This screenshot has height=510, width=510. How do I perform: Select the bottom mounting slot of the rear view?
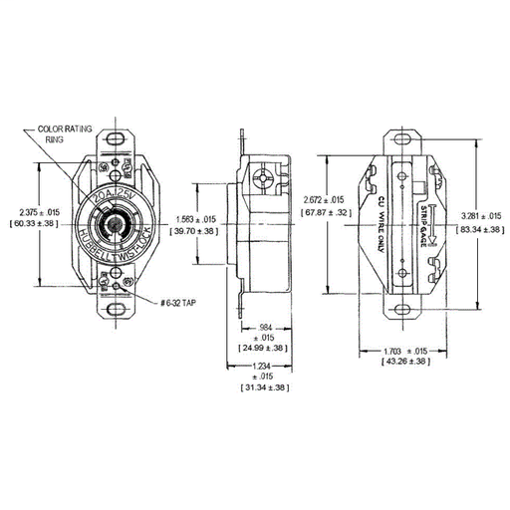pyautogui.click(x=406, y=307)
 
